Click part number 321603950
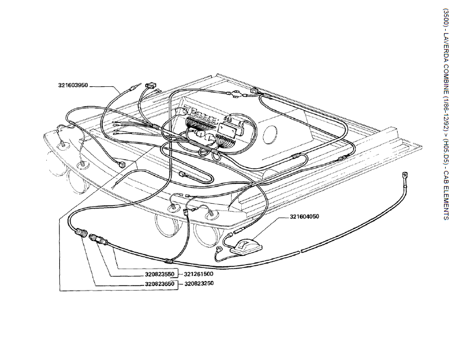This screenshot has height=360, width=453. pos(73,85)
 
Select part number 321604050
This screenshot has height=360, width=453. pos(304,217)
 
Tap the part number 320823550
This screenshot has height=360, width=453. pos(159,274)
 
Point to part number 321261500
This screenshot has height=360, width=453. pos(198,274)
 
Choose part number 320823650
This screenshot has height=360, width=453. pos(159,284)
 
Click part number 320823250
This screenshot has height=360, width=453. pos(199,283)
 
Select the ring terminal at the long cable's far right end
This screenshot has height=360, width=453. pos(404,175)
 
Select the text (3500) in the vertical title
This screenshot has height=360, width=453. pos(446,18)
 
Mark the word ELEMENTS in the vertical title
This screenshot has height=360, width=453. pos(446,203)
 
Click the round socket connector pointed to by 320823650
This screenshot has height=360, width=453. pos(80,232)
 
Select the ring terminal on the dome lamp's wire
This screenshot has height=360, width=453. pos(220,249)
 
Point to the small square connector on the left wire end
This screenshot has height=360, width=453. pos(123,165)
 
